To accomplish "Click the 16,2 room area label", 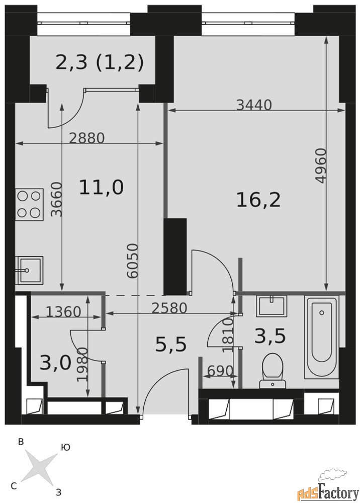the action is point(258,200).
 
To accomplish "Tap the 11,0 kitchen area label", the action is point(101,187).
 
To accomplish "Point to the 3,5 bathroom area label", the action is point(271,336).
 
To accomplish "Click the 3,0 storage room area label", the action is point(55,363).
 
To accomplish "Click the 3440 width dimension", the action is point(254,105).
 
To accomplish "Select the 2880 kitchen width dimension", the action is point(87,138).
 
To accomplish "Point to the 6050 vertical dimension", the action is point(132,261).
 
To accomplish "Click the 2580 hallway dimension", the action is point(169,308).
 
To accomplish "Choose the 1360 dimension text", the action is point(63,311).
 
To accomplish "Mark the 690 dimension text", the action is point(220,371).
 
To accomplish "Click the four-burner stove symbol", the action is point(29,204).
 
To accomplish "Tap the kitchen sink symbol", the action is point(29,271).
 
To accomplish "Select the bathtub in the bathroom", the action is point(321,337).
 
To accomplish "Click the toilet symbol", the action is point(273,370).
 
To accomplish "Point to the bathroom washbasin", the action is point(271,306).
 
